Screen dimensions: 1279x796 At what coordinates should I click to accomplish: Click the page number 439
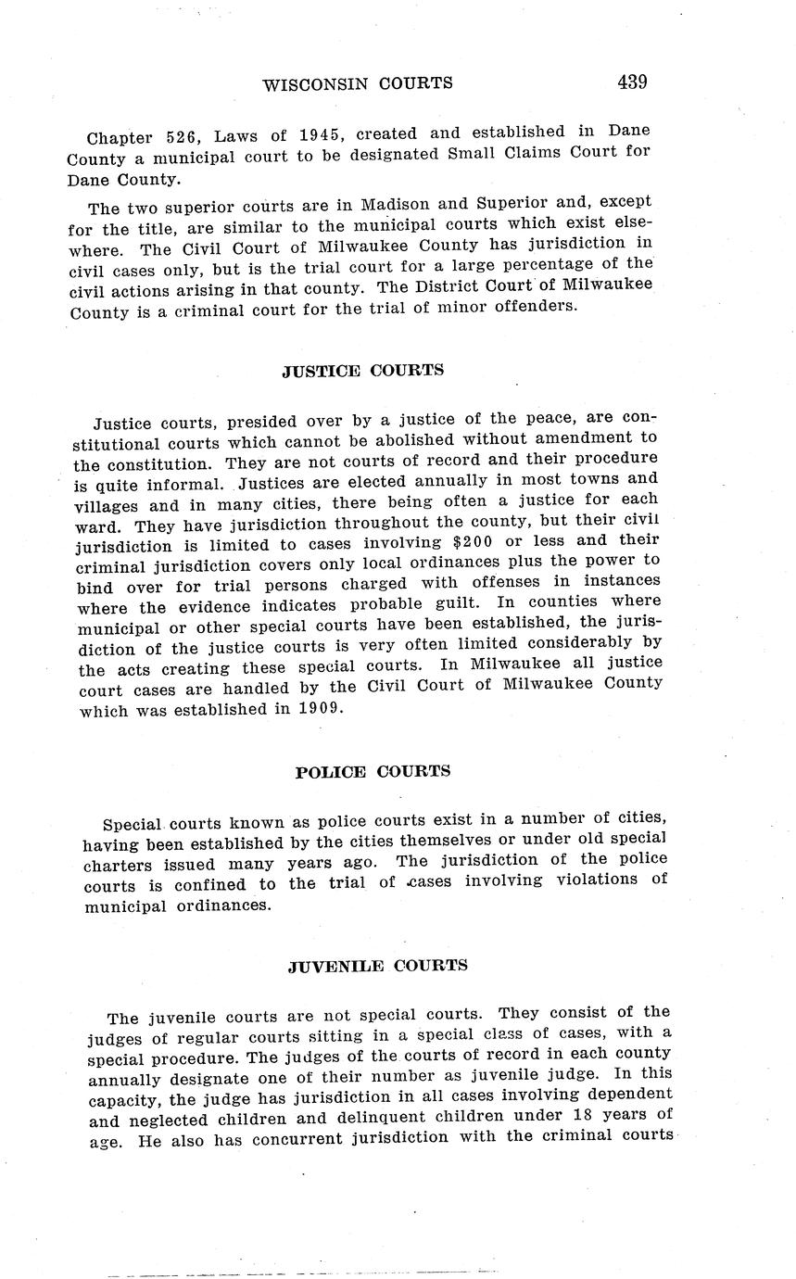631,82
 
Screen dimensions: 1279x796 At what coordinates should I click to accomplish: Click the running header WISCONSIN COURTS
358,83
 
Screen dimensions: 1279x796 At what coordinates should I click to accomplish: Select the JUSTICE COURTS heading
362,371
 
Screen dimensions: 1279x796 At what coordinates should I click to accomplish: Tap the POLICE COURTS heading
373,772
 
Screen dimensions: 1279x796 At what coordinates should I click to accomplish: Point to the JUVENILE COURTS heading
377,966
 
